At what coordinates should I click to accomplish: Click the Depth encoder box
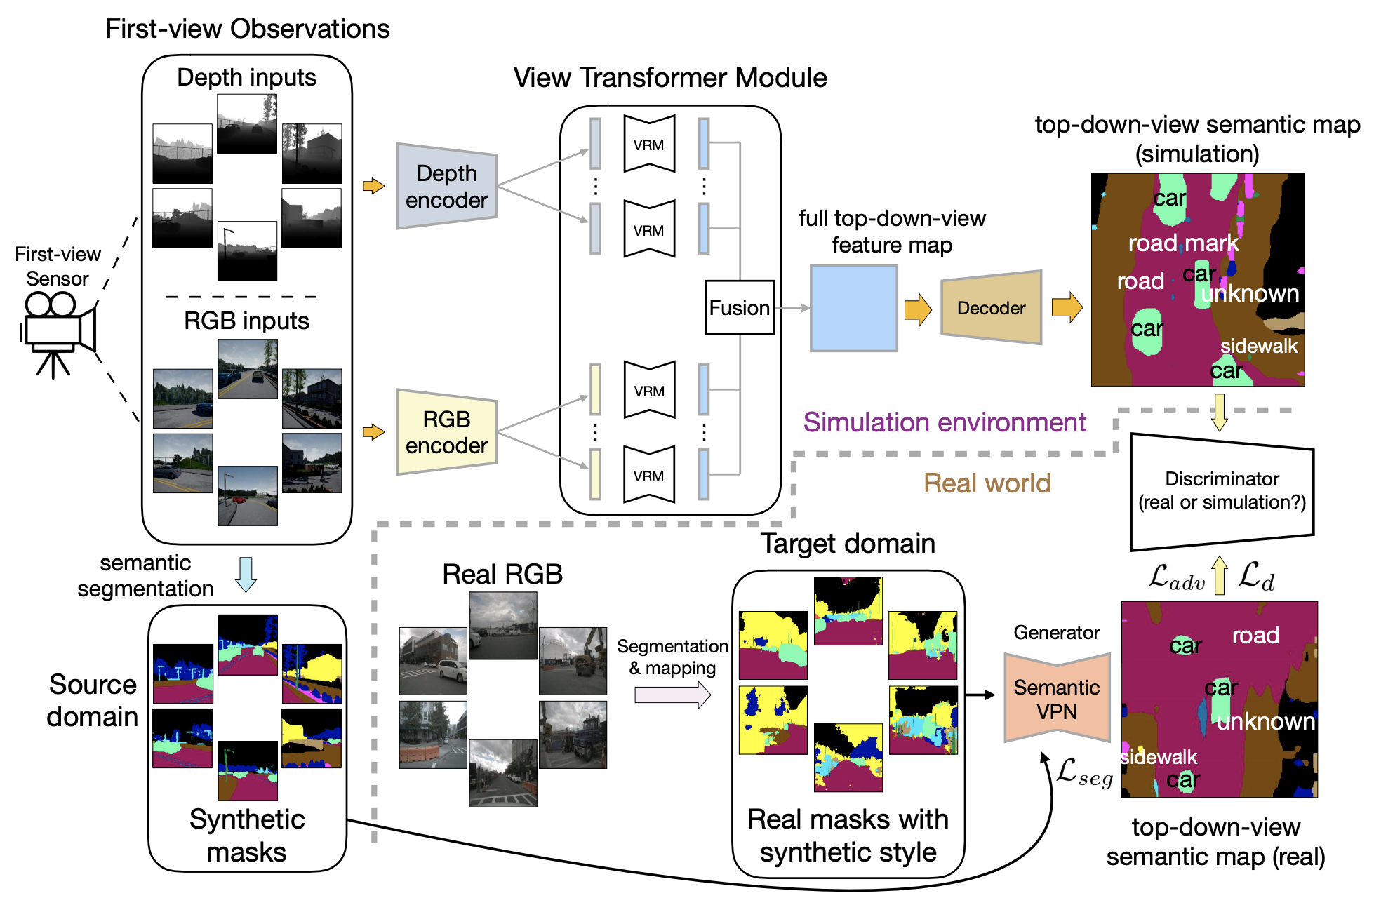[x=446, y=186]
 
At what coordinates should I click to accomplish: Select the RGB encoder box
[x=446, y=432]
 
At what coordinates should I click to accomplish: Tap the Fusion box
[x=739, y=308]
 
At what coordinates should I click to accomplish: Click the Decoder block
[x=991, y=308]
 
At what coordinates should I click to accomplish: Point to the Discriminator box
[x=1222, y=491]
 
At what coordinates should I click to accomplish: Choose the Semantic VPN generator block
[x=1057, y=699]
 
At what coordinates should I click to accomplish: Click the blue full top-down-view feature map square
[x=853, y=308]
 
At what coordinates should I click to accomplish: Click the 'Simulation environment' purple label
[x=945, y=422]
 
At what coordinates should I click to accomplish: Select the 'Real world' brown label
[x=987, y=483]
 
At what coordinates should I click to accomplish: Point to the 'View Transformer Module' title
[x=670, y=78]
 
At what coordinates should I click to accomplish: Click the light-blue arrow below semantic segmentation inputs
[x=246, y=575]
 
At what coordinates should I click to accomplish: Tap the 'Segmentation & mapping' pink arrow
[x=672, y=695]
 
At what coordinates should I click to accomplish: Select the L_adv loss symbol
[x=1177, y=578]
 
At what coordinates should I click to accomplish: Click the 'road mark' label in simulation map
[x=1183, y=243]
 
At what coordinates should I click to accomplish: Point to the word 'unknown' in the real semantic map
[x=1266, y=721]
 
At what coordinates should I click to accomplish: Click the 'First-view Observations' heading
[x=247, y=29]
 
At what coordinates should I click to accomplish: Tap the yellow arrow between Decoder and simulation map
[x=1067, y=308]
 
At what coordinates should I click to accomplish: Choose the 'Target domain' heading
[x=848, y=544]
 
